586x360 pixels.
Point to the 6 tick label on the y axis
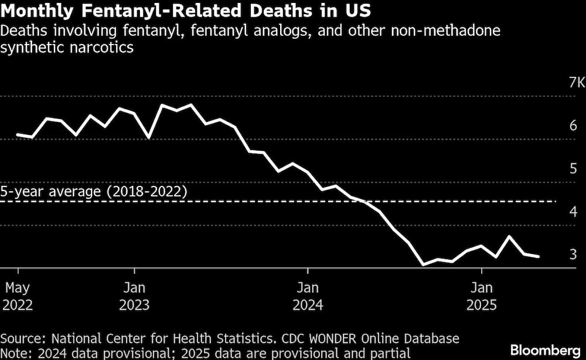[x=573, y=125]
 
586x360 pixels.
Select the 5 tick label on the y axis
[x=573, y=168]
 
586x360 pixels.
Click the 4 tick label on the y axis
[x=573, y=211]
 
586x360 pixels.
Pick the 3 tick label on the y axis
[x=573, y=254]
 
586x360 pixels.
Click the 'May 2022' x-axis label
[x=18, y=296]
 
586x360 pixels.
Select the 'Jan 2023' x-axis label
[x=135, y=296]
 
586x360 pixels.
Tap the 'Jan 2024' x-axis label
[x=308, y=296]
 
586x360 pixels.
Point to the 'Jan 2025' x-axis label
[x=481, y=296]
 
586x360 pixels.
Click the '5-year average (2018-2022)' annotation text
[x=94, y=192]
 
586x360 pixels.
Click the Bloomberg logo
[x=544, y=350]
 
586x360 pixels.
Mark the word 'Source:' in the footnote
[x=23, y=338]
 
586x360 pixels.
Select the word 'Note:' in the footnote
[x=16, y=353]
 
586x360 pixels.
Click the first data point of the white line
[x=18, y=134]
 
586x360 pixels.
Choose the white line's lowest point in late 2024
[x=423, y=265]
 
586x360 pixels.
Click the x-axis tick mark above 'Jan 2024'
[x=308, y=271]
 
